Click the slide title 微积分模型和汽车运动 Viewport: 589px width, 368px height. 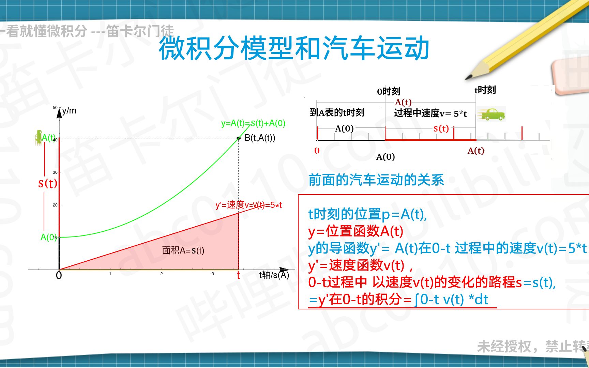294,48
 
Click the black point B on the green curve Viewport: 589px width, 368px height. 239,138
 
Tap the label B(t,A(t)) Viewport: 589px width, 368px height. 260,138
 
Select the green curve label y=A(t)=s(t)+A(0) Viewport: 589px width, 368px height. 253,123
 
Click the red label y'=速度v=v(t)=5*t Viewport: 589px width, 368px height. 248,205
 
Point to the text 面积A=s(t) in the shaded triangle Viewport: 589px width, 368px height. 183,250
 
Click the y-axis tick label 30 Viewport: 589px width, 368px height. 55,172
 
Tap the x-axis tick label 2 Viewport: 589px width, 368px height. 161,274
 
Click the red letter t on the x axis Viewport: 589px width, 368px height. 238,275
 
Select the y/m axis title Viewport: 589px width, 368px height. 69,111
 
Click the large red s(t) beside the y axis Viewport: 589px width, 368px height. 48,183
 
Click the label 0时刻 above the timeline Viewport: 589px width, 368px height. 389,91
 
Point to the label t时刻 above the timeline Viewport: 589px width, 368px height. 485,90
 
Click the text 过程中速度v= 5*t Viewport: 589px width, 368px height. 430,113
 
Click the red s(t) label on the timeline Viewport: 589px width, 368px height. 441,128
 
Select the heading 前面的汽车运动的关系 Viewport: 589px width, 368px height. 376,180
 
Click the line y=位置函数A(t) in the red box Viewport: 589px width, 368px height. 356,231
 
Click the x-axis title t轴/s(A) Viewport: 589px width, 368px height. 274,275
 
